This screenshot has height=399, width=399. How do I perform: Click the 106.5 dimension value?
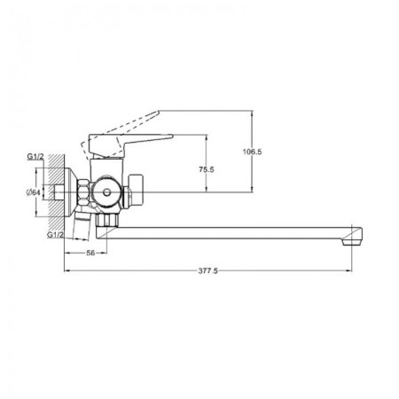pyautogui.click(x=252, y=152)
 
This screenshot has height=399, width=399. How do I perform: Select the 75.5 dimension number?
pyautogui.click(x=207, y=169)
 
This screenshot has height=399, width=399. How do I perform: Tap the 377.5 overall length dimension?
pyautogui.click(x=207, y=270)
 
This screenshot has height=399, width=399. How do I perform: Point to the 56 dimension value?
pyautogui.click(x=90, y=253)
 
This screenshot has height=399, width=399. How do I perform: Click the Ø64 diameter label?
pyautogui.click(x=33, y=192)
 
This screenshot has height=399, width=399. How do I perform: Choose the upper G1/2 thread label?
pyautogui.click(x=35, y=157)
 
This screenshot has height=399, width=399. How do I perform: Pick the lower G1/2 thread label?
pyautogui.click(x=55, y=235)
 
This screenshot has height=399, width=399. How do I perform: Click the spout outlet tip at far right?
pyautogui.click(x=352, y=242)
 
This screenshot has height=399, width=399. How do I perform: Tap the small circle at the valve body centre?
pyautogui.click(x=106, y=192)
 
